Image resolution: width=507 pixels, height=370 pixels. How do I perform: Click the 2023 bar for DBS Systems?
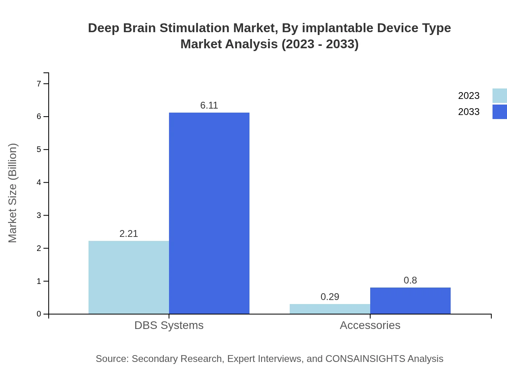(129, 277)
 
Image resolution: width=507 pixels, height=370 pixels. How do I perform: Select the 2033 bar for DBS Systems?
(209, 213)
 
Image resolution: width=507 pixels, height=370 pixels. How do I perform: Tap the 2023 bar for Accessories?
(330, 309)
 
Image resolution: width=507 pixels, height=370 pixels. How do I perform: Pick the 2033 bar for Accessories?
(410, 301)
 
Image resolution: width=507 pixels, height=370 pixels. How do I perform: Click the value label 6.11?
(209, 105)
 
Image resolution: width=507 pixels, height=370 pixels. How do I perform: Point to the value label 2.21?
(129, 234)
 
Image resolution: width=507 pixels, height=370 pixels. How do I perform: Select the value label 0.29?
(330, 297)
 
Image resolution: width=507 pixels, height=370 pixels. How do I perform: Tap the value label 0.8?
(410, 280)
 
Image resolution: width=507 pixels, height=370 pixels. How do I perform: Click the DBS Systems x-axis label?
(169, 325)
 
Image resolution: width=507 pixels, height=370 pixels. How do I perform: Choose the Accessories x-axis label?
(370, 325)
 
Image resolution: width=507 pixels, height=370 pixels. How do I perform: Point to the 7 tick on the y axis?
(39, 84)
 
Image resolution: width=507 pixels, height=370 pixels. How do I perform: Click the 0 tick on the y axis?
(39, 314)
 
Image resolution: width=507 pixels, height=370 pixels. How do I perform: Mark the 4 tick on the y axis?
(39, 182)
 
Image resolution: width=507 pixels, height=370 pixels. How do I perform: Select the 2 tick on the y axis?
(39, 248)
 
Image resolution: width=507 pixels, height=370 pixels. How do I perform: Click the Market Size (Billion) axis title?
(12, 193)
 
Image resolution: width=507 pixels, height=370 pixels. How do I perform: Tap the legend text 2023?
(469, 96)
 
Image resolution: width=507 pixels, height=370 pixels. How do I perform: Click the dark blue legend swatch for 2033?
(500, 112)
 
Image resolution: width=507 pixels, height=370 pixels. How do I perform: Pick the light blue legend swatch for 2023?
(500, 96)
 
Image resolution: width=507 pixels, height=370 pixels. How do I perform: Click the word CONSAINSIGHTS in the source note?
(365, 359)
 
